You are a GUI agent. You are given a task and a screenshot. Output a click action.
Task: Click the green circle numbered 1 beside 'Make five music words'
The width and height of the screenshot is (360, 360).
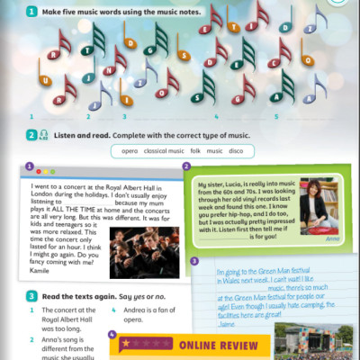click(31, 11)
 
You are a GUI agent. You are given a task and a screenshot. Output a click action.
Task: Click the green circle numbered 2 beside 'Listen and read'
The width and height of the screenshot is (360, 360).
click(31, 135)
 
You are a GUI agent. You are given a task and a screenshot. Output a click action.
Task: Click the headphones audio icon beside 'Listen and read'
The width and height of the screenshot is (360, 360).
click(44, 136)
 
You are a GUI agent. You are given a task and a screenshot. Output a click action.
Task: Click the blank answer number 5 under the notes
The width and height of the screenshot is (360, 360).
click(276, 116)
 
